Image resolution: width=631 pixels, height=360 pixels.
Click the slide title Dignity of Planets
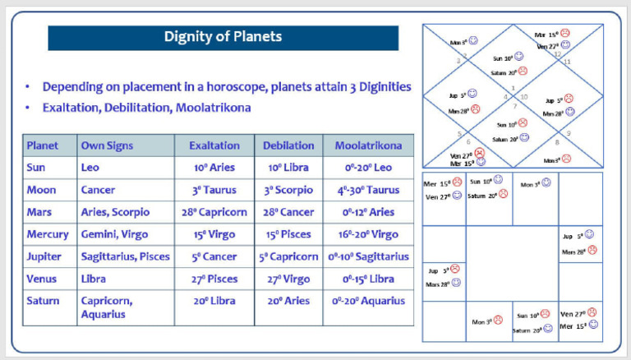(x=223, y=37)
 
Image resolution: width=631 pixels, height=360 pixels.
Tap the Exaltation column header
(x=214, y=145)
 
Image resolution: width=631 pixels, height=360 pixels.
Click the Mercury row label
(x=48, y=234)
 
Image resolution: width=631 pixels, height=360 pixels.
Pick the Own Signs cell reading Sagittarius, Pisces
(x=125, y=256)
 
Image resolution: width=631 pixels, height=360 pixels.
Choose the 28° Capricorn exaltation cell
(x=214, y=212)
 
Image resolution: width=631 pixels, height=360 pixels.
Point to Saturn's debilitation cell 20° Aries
(x=288, y=301)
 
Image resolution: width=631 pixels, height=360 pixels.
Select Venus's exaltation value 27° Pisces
(x=214, y=279)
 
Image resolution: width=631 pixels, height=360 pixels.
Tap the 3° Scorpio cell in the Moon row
(x=288, y=190)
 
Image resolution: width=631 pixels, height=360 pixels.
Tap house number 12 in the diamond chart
(x=556, y=54)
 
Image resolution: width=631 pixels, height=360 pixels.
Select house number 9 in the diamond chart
(x=569, y=133)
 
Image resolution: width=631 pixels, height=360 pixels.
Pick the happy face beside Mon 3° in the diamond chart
(x=473, y=39)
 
